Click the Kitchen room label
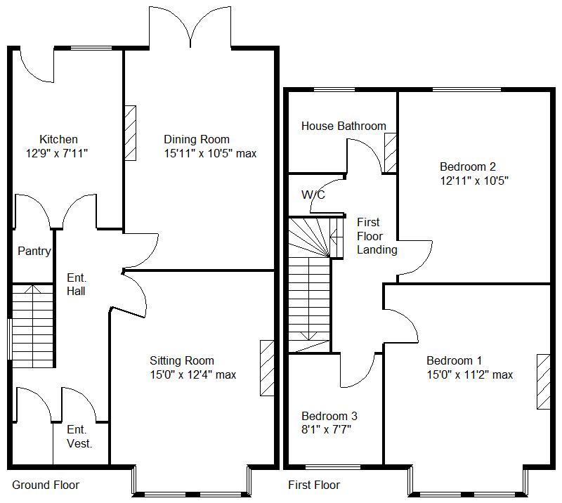tap(58, 139)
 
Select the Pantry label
tap(34, 251)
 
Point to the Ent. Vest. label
tap(79, 436)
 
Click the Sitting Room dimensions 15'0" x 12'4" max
tap(192, 375)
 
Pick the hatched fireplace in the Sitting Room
tap(267, 369)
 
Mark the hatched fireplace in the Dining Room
tap(130, 133)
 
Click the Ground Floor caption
tap(46, 485)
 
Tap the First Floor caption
tap(314, 485)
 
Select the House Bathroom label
tap(344, 126)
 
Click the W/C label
tap(313, 195)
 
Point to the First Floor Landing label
tap(377, 236)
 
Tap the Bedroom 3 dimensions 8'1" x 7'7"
tap(327, 429)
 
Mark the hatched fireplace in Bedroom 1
tap(544, 381)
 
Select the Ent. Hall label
tap(76, 284)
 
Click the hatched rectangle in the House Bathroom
tap(391, 152)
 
